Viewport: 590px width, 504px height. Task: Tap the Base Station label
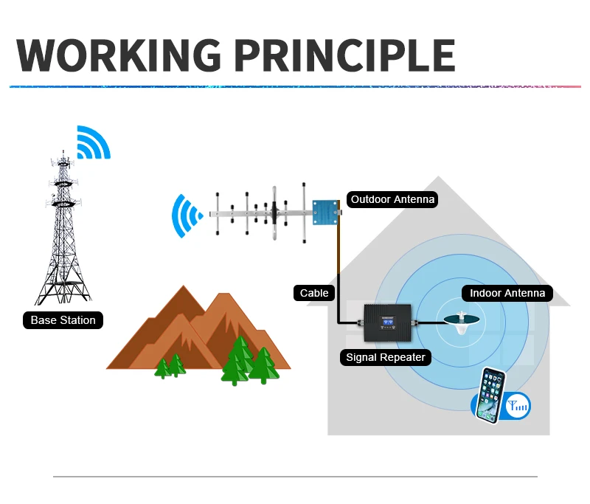[x=63, y=320]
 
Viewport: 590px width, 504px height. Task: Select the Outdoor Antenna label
[x=392, y=199]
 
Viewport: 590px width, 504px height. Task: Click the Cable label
[x=314, y=293]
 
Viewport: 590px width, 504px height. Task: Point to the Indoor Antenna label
[x=507, y=293]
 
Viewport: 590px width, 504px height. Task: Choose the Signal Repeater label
[x=386, y=358]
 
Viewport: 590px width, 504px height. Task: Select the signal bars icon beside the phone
[x=518, y=405]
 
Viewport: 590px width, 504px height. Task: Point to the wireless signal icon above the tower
[x=93, y=143]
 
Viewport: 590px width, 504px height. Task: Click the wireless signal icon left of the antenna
[x=186, y=216]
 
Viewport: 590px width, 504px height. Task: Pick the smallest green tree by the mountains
[x=162, y=368]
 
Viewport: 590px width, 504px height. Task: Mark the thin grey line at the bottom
[x=295, y=477]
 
